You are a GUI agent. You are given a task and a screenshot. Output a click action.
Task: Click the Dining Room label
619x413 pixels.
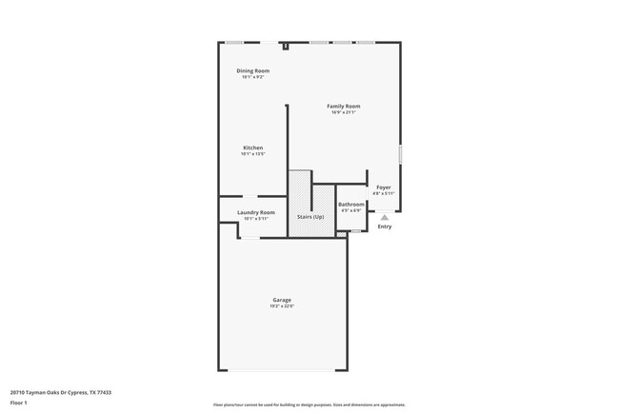(252, 70)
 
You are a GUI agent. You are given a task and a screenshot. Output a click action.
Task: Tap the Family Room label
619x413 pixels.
(344, 106)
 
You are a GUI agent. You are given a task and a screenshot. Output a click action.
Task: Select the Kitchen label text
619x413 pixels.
(252, 147)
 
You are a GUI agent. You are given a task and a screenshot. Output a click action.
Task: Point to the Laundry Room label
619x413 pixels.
(256, 212)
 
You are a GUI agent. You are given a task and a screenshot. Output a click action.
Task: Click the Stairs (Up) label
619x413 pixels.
(310, 217)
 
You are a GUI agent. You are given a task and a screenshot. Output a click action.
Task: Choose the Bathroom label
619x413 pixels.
(351, 205)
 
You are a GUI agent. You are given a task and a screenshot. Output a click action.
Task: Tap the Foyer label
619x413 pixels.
(383, 187)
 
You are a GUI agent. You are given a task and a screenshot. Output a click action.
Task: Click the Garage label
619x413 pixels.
(282, 300)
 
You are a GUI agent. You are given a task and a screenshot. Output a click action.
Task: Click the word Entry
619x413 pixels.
(385, 226)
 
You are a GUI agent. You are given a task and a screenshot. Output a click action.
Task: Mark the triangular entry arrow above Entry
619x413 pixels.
(385, 217)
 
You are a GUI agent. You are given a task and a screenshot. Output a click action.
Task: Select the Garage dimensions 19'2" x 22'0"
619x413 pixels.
(282, 306)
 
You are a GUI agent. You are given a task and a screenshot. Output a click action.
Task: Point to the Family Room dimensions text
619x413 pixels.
(344, 112)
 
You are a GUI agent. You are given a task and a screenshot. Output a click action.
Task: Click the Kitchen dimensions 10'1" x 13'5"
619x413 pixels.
(252, 154)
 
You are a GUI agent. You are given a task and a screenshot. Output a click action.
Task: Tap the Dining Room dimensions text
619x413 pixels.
(252, 77)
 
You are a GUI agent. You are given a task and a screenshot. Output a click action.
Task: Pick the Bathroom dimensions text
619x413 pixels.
(351, 210)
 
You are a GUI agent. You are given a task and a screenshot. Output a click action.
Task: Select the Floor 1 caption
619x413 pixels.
(19, 403)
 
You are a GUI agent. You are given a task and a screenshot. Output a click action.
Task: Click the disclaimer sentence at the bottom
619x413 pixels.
(309, 404)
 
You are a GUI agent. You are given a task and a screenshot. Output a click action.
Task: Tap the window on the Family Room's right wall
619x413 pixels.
(400, 153)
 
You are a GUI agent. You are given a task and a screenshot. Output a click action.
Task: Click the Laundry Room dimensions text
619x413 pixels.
(256, 219)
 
